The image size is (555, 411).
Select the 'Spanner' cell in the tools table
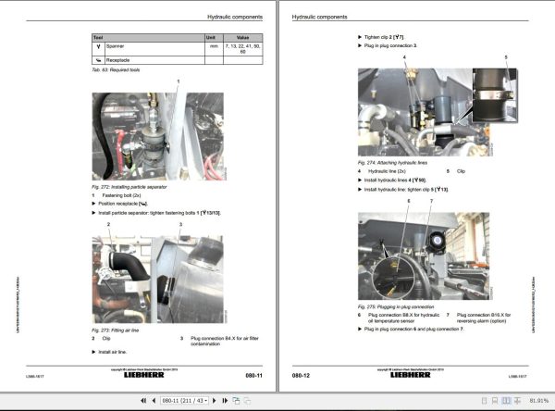119,46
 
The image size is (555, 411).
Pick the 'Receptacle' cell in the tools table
122,60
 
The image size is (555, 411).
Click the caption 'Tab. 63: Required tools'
117,71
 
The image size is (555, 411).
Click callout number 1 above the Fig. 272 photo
176,83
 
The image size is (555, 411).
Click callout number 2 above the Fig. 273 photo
109,225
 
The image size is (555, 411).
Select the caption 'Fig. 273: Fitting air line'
117,330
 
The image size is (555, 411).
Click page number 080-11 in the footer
256,376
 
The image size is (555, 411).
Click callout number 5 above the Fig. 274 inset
506,57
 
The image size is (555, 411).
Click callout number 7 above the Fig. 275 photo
429,201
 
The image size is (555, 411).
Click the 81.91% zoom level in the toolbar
536,401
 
